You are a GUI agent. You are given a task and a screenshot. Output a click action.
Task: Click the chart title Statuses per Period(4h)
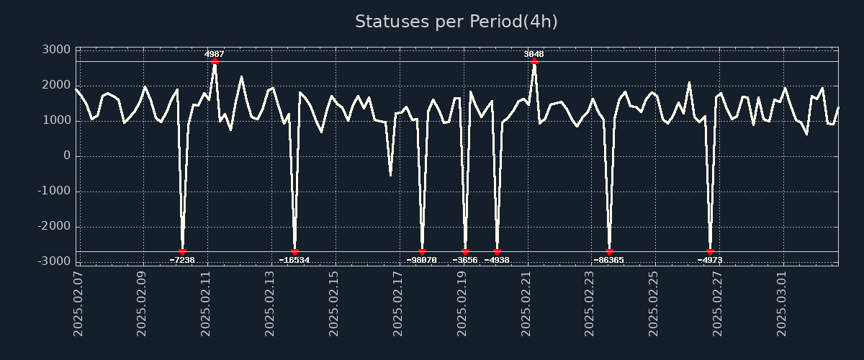click(x=456, y=22)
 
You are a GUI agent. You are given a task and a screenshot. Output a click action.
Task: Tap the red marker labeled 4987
click(x=215, y=62)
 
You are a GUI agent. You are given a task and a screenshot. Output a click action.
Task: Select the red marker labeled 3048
click(x=534, y=62)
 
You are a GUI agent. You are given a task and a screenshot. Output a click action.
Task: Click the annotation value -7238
click(x=182, y=260)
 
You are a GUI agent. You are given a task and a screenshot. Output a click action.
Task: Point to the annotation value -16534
click(x=294, y=260)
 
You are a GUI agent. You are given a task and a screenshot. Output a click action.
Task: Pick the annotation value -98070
click(x=422, y=260)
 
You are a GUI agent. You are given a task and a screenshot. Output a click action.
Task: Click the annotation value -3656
click(x=465, y=260)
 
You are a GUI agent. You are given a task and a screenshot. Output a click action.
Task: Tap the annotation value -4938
click(x=497, y=260)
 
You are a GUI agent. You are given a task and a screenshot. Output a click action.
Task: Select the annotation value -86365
click(x=609, y=260)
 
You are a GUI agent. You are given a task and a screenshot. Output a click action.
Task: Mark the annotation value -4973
click(x=710, y=260)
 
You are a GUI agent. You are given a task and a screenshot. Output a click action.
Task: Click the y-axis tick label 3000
click(x=56, y=50)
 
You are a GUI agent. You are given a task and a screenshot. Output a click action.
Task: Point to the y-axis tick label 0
click(x=67, y=156)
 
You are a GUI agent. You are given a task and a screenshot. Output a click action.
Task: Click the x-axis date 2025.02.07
click(x=78, y=303)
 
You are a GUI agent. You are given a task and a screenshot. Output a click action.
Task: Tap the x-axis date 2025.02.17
click(x=398, y=303)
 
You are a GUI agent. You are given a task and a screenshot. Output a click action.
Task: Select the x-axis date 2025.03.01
click(x=782, y=303)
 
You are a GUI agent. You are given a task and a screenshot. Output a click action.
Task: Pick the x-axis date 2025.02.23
click(x=590, y=303)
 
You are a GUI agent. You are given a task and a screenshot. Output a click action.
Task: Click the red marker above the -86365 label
click(x=609, y=251)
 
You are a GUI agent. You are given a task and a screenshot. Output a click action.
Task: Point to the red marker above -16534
click(x=294, y=251)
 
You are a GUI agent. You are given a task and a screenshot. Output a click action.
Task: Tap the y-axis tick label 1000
click(x=56, y=120)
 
